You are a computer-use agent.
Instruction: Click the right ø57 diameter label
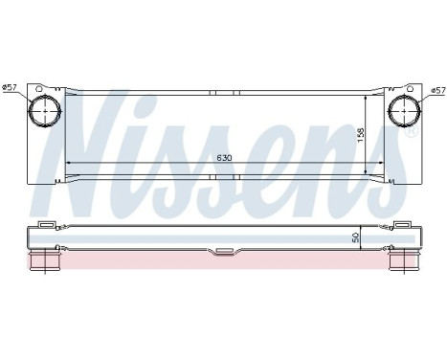pos(437,90)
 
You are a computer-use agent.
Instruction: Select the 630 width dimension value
pos(223,156)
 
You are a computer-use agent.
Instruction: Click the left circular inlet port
pos(42,111)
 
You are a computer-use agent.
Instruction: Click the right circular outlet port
pos(403,111)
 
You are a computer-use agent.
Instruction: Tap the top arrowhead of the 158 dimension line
pos(368,98)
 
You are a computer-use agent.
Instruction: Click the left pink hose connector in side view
pos(43,259)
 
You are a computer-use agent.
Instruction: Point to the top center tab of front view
pos(222,93)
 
